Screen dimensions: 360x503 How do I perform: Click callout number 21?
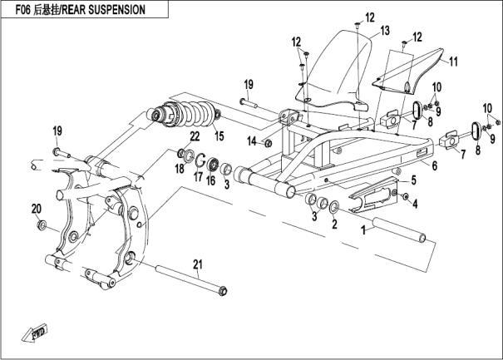[197, 265]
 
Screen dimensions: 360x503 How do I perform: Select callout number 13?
[384, 30]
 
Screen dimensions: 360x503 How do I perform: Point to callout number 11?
[454, 62]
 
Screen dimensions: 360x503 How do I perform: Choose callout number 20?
[36, 208]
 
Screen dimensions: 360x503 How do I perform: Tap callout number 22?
[194, 136]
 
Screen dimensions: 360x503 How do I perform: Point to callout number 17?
[198, 175]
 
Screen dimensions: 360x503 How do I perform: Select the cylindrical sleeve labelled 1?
[401, 231]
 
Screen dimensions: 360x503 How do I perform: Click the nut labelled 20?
[40, 225]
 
